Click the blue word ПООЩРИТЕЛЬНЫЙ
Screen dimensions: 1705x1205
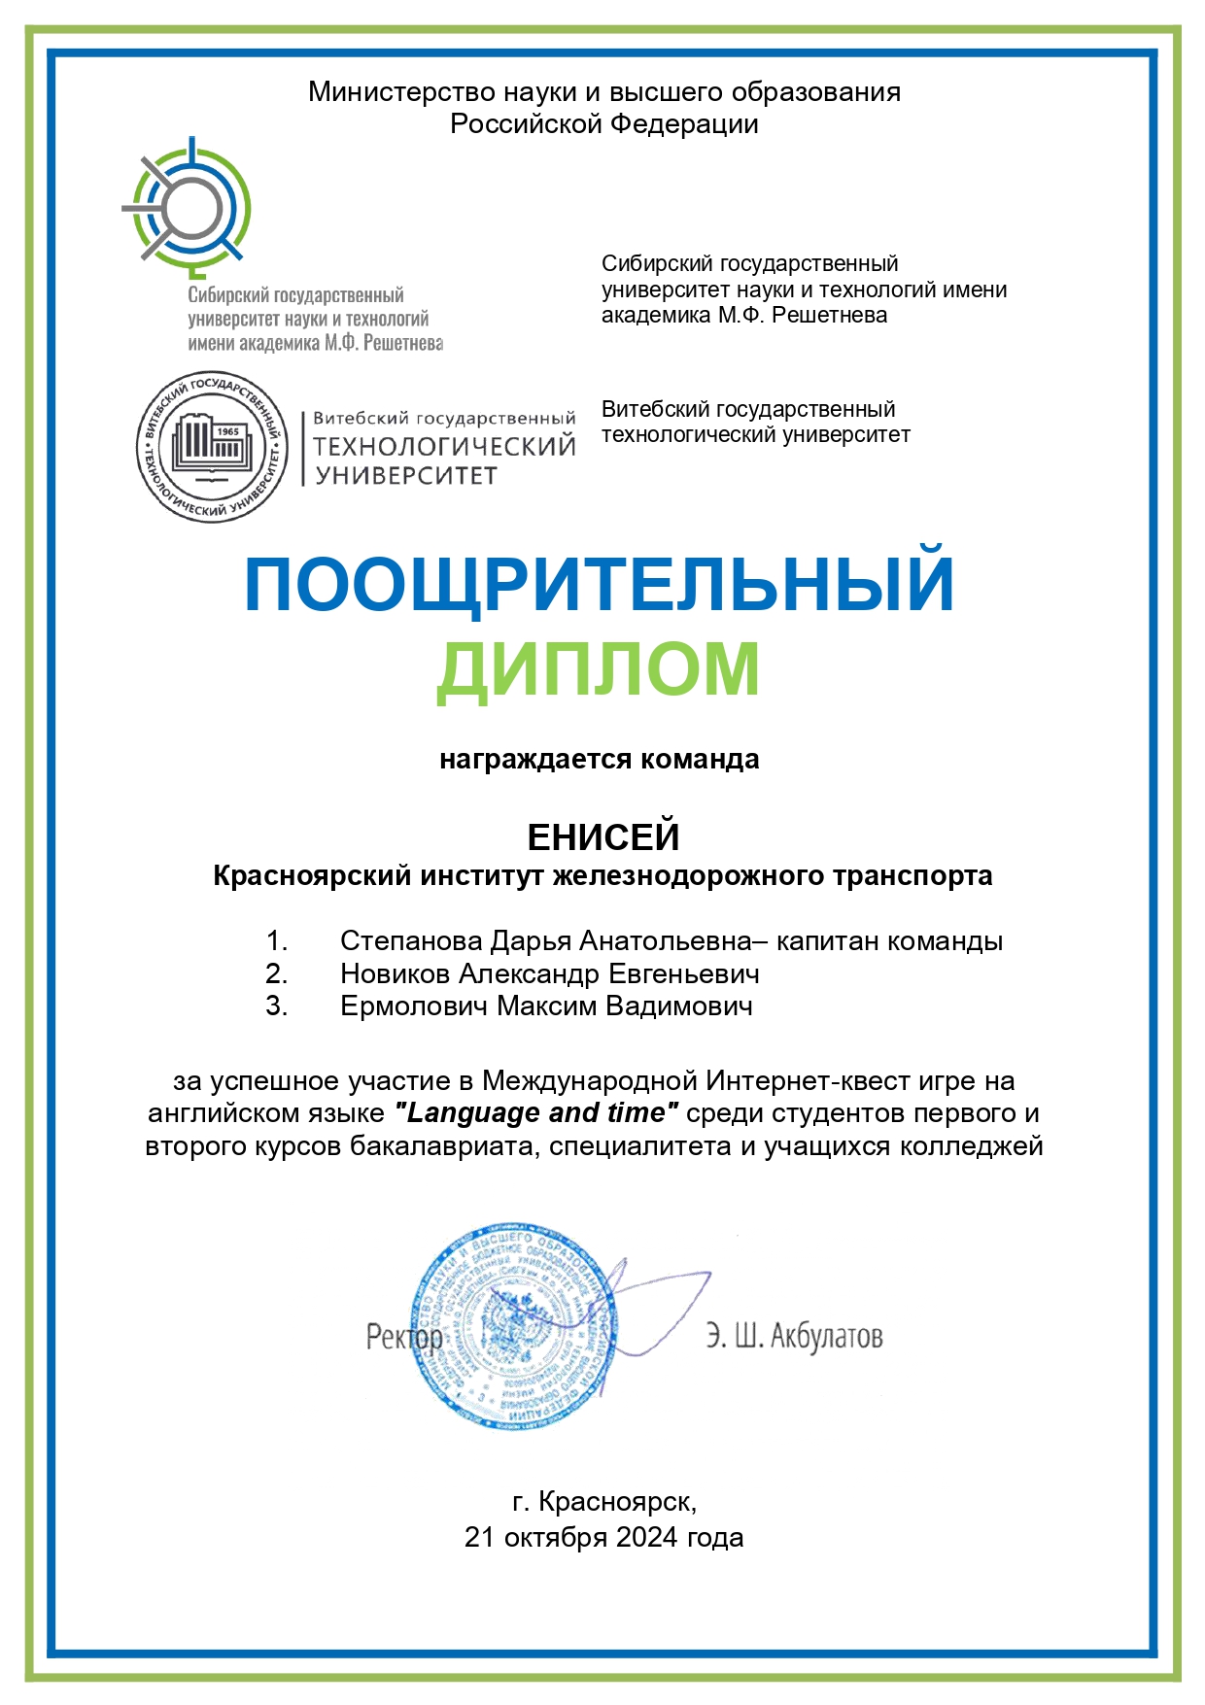click(x=599, y=585)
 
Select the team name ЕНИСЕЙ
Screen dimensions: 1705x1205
click(x=602, y=836)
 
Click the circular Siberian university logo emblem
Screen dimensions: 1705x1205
click(x=188, y=205)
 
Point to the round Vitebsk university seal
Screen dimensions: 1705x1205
click(x=212, y=447)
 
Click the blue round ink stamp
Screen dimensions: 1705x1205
click(x=513, y=1324)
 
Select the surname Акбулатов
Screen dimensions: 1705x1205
click(x=826, y=1337)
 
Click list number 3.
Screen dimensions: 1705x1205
click(x=277, y=1006)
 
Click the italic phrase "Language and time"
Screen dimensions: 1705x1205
click(x=536, y=1113)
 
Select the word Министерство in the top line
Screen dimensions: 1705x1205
click(x=401, y=92)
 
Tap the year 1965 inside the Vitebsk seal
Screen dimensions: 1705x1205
click(x=227, y=431)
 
